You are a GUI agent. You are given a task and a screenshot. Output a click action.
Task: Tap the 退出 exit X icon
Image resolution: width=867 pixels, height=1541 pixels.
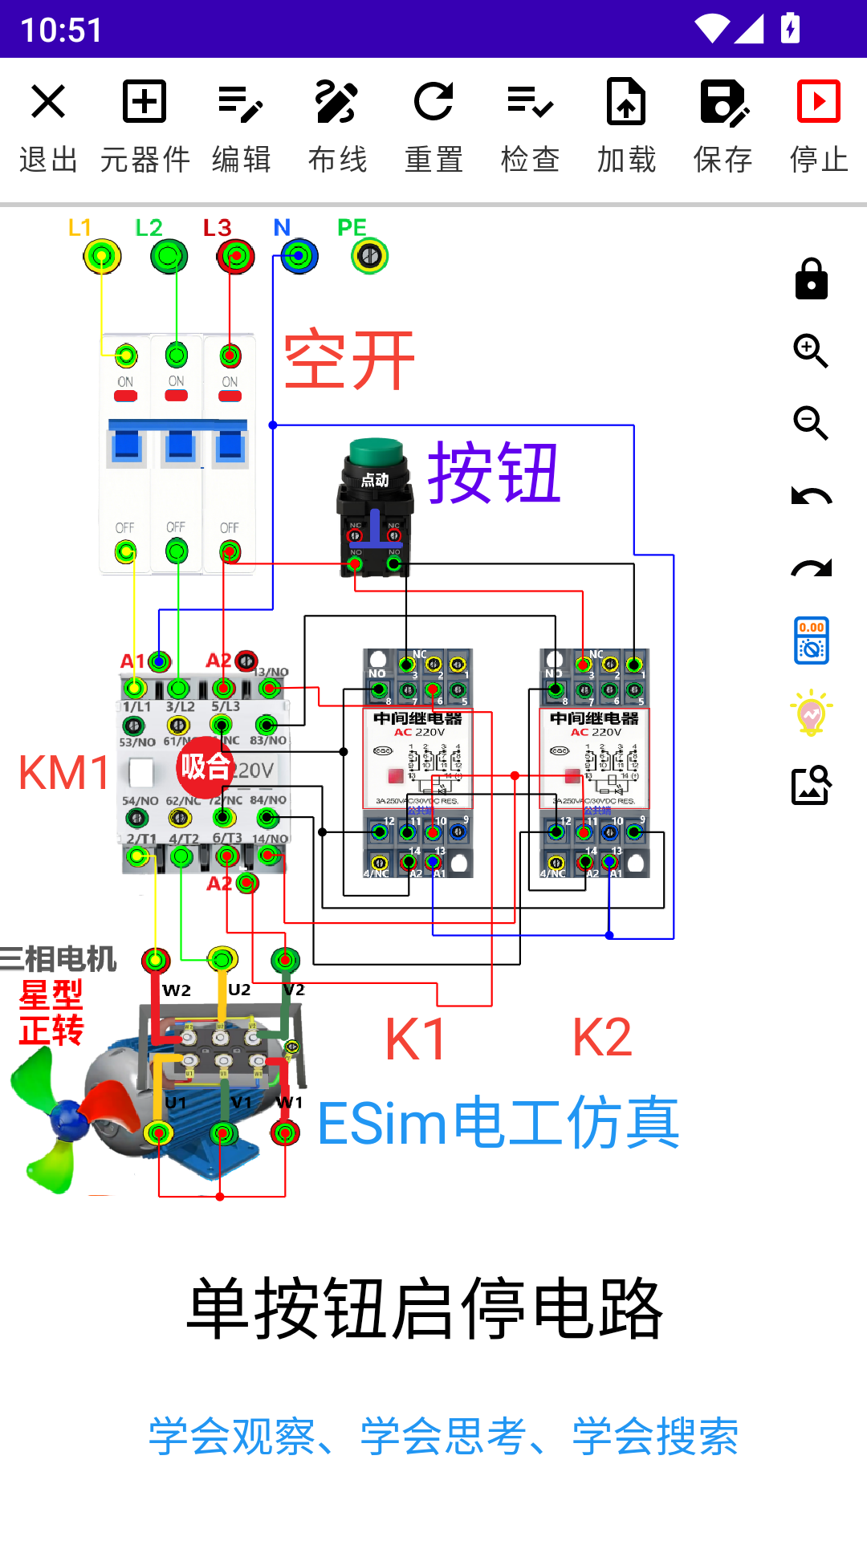(x=48, y=102)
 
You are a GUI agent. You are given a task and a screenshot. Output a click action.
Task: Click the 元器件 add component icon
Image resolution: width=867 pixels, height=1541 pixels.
(x=144, y=102)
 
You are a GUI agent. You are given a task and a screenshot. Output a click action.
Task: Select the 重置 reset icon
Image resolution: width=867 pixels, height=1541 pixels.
(x=433, y=102)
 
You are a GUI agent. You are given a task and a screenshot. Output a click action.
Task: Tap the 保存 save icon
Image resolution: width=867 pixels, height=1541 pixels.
(x=722, y=102)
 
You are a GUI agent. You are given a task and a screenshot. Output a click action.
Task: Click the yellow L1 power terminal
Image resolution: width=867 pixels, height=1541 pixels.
(x=102, y=257)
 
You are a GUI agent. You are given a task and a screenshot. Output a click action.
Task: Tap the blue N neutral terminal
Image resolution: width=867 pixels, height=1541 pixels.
(x=299, y=257)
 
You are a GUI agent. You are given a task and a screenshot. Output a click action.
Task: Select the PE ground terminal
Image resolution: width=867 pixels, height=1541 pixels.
(x=369, y=257)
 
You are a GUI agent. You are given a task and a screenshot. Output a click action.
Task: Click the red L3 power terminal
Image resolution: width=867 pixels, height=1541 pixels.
(x=235, y=257)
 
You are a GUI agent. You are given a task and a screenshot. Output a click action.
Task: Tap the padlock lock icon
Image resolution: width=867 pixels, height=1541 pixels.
(x=811, y=279)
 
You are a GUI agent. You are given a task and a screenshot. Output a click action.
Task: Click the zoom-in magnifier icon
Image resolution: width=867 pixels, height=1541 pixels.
(x=811, y=352)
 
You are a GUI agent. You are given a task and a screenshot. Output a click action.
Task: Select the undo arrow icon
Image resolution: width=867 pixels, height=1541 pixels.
(x=811, y=496)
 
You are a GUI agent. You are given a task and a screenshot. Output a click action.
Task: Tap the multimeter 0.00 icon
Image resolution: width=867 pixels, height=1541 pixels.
(x=811, y=640)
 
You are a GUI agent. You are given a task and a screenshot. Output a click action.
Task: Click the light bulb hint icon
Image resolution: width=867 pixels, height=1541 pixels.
(x=811, y=713)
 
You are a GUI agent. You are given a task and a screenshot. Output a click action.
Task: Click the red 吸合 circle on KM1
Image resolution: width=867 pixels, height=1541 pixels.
(x=205, y=767)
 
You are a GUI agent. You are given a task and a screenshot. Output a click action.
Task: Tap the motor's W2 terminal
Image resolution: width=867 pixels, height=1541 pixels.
(x=156, y=960)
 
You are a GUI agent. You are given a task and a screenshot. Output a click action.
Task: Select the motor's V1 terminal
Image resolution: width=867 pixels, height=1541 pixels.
(x=222, y=1133)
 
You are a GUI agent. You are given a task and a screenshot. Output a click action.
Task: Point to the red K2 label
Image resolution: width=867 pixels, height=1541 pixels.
(x=602, y=1038)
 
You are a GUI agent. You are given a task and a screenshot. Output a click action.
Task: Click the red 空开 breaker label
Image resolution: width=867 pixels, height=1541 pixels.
(x=349, y=361)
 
